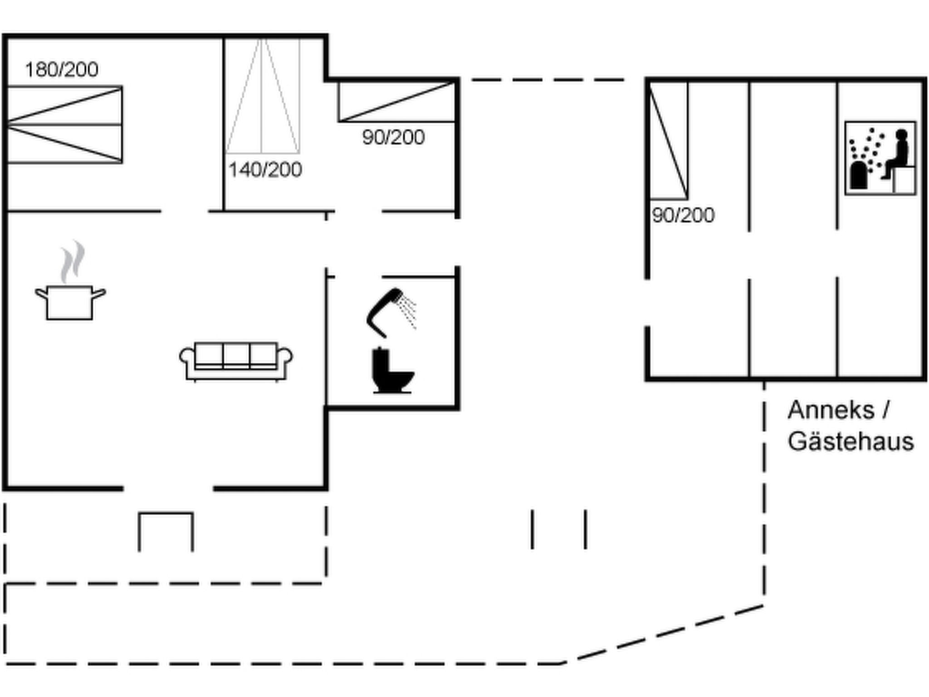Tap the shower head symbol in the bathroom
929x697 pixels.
(391, 312)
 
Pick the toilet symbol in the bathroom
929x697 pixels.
(393, 370)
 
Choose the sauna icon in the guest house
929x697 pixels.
(880, 158)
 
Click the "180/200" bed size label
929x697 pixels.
(61, 69)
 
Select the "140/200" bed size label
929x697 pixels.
(265, 170)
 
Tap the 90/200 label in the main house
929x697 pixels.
(393, 137)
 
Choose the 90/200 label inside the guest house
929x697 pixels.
(683, 215)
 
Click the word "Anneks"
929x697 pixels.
(831, 410)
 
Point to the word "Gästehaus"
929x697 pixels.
(851, 441)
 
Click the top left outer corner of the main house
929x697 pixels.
(3, 34)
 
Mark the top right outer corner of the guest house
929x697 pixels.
(927, 78)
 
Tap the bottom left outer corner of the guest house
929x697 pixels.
(645, 381)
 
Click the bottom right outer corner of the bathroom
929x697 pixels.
(460, 410)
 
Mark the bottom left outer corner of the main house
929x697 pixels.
(3, 491)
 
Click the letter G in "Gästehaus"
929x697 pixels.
(797, 441)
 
